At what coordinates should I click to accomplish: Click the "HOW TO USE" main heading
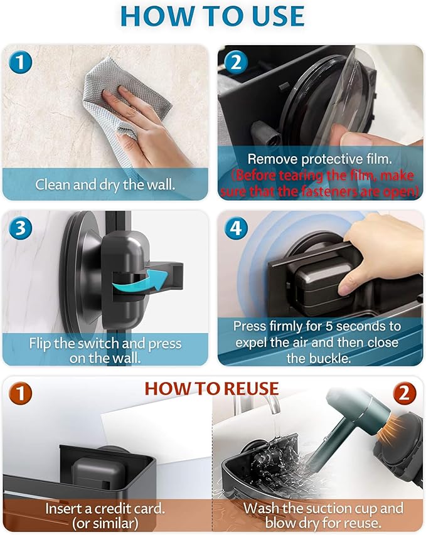point(212,17)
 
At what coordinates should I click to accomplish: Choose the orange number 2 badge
point(405,395)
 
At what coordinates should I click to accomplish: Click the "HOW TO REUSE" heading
point(211,388)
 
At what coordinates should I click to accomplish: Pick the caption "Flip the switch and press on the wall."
point(105,351)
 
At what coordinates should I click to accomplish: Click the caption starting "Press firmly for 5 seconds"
point(316,342)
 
